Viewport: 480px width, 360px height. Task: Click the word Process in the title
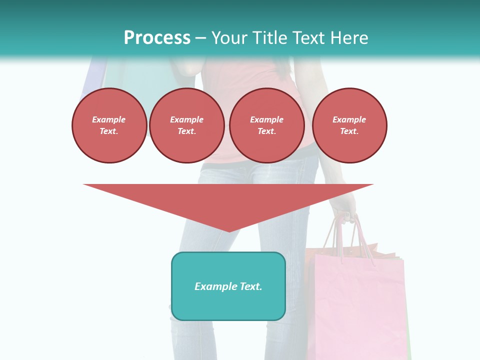(x=157, y=38)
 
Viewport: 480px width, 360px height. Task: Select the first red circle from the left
(x=109, y=125)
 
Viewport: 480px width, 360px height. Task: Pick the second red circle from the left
(x=186, y=125)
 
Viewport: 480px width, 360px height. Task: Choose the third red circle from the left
(x=266, y=125)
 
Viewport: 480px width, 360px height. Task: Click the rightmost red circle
(x=349, y=125)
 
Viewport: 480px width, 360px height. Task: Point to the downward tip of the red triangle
(x=229, y=231)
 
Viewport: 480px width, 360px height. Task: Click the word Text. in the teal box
(x=251, y=286)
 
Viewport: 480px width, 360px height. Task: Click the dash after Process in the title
(x=201, y=38)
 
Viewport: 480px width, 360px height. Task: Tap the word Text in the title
(x=306, y=38)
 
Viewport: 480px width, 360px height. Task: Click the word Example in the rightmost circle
(x=349, y=119)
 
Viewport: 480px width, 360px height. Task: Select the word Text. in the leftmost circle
(x=109, y=131)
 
